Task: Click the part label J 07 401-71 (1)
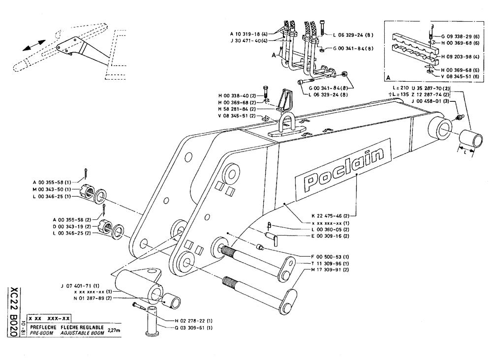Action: [x=80, y=285]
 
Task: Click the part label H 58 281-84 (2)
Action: [x=237, y=109]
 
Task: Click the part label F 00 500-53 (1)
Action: [x=329, y=256]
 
